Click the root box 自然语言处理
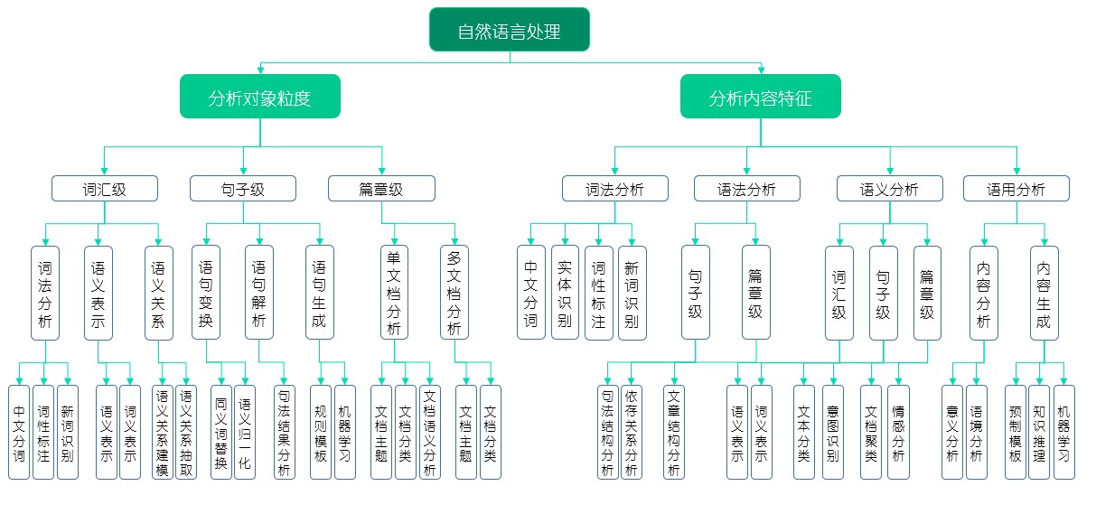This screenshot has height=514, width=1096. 509,31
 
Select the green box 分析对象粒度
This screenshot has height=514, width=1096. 259,98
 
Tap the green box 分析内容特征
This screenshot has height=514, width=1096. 760,98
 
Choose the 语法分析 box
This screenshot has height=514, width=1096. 746,189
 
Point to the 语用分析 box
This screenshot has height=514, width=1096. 1016,189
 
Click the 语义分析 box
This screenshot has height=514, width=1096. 889,189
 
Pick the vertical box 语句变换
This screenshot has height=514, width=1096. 206,293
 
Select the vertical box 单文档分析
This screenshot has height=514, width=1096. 394,293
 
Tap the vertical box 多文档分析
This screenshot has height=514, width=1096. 454,293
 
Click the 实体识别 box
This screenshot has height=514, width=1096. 565,293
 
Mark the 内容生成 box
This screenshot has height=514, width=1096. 1043,293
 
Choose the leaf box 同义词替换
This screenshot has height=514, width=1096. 221,432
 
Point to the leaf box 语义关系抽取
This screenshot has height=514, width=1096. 186,432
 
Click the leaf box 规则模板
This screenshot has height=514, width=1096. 321,432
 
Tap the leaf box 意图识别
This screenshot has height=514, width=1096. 831,432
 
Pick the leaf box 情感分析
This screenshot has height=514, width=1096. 897,432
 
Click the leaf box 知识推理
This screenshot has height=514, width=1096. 1039,432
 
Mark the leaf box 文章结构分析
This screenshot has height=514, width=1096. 673,432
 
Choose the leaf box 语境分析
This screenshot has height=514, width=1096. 976,432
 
